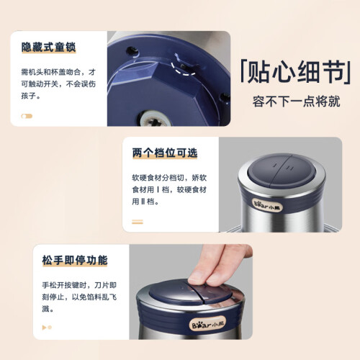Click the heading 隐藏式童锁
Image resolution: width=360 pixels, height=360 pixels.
(49, 47)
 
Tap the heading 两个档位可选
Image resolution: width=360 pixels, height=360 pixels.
(165, 153)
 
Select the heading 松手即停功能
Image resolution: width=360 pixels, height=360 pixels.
(75, 260)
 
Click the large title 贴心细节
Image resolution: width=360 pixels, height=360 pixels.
(296, 72)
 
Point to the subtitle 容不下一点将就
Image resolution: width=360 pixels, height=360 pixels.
(296, 102)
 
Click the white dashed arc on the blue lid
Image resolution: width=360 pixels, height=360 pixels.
(182, 70)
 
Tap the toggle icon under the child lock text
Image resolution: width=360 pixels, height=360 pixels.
(27, 117)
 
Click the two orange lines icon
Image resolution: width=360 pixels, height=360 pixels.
(138, 222)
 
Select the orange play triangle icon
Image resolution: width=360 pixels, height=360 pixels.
(44, 328)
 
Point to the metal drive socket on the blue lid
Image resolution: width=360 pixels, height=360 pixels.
(153, 120)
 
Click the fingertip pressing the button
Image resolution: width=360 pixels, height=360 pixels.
(197, 279)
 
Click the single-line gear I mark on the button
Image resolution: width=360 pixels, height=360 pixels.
(276, 165)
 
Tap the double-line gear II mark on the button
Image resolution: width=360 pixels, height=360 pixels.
(290, 168)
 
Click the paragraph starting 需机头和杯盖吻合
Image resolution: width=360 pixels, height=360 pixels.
(58, 84)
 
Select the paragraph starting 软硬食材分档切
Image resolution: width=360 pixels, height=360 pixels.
(169, 189)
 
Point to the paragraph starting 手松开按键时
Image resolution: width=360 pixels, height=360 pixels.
(79, 297)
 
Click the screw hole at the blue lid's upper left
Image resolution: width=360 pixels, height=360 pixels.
(132, 51)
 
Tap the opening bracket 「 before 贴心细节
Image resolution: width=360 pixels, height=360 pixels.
(243, 71)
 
